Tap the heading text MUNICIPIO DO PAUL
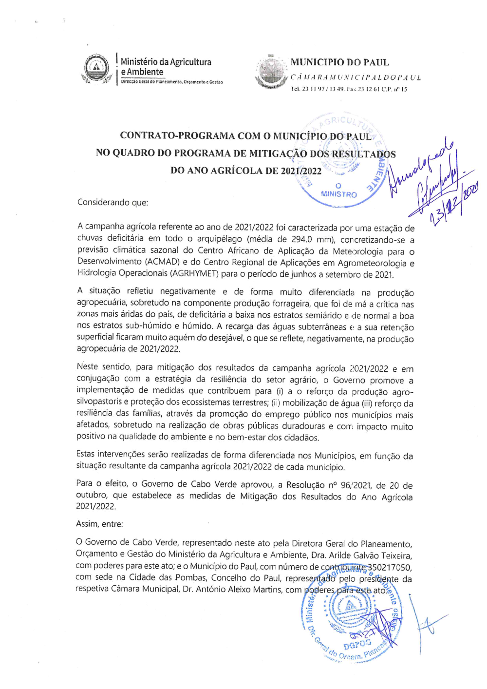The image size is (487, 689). click(x=339, y=62)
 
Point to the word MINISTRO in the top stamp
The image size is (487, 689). click(x=339, y=194)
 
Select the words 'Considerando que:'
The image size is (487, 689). click(x=112, y=202)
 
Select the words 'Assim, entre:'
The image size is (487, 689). click(x=99, y=524)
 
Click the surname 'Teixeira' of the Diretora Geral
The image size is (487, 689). click(x=395, y=555)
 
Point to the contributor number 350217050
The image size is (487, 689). click(x=389, y=567)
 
